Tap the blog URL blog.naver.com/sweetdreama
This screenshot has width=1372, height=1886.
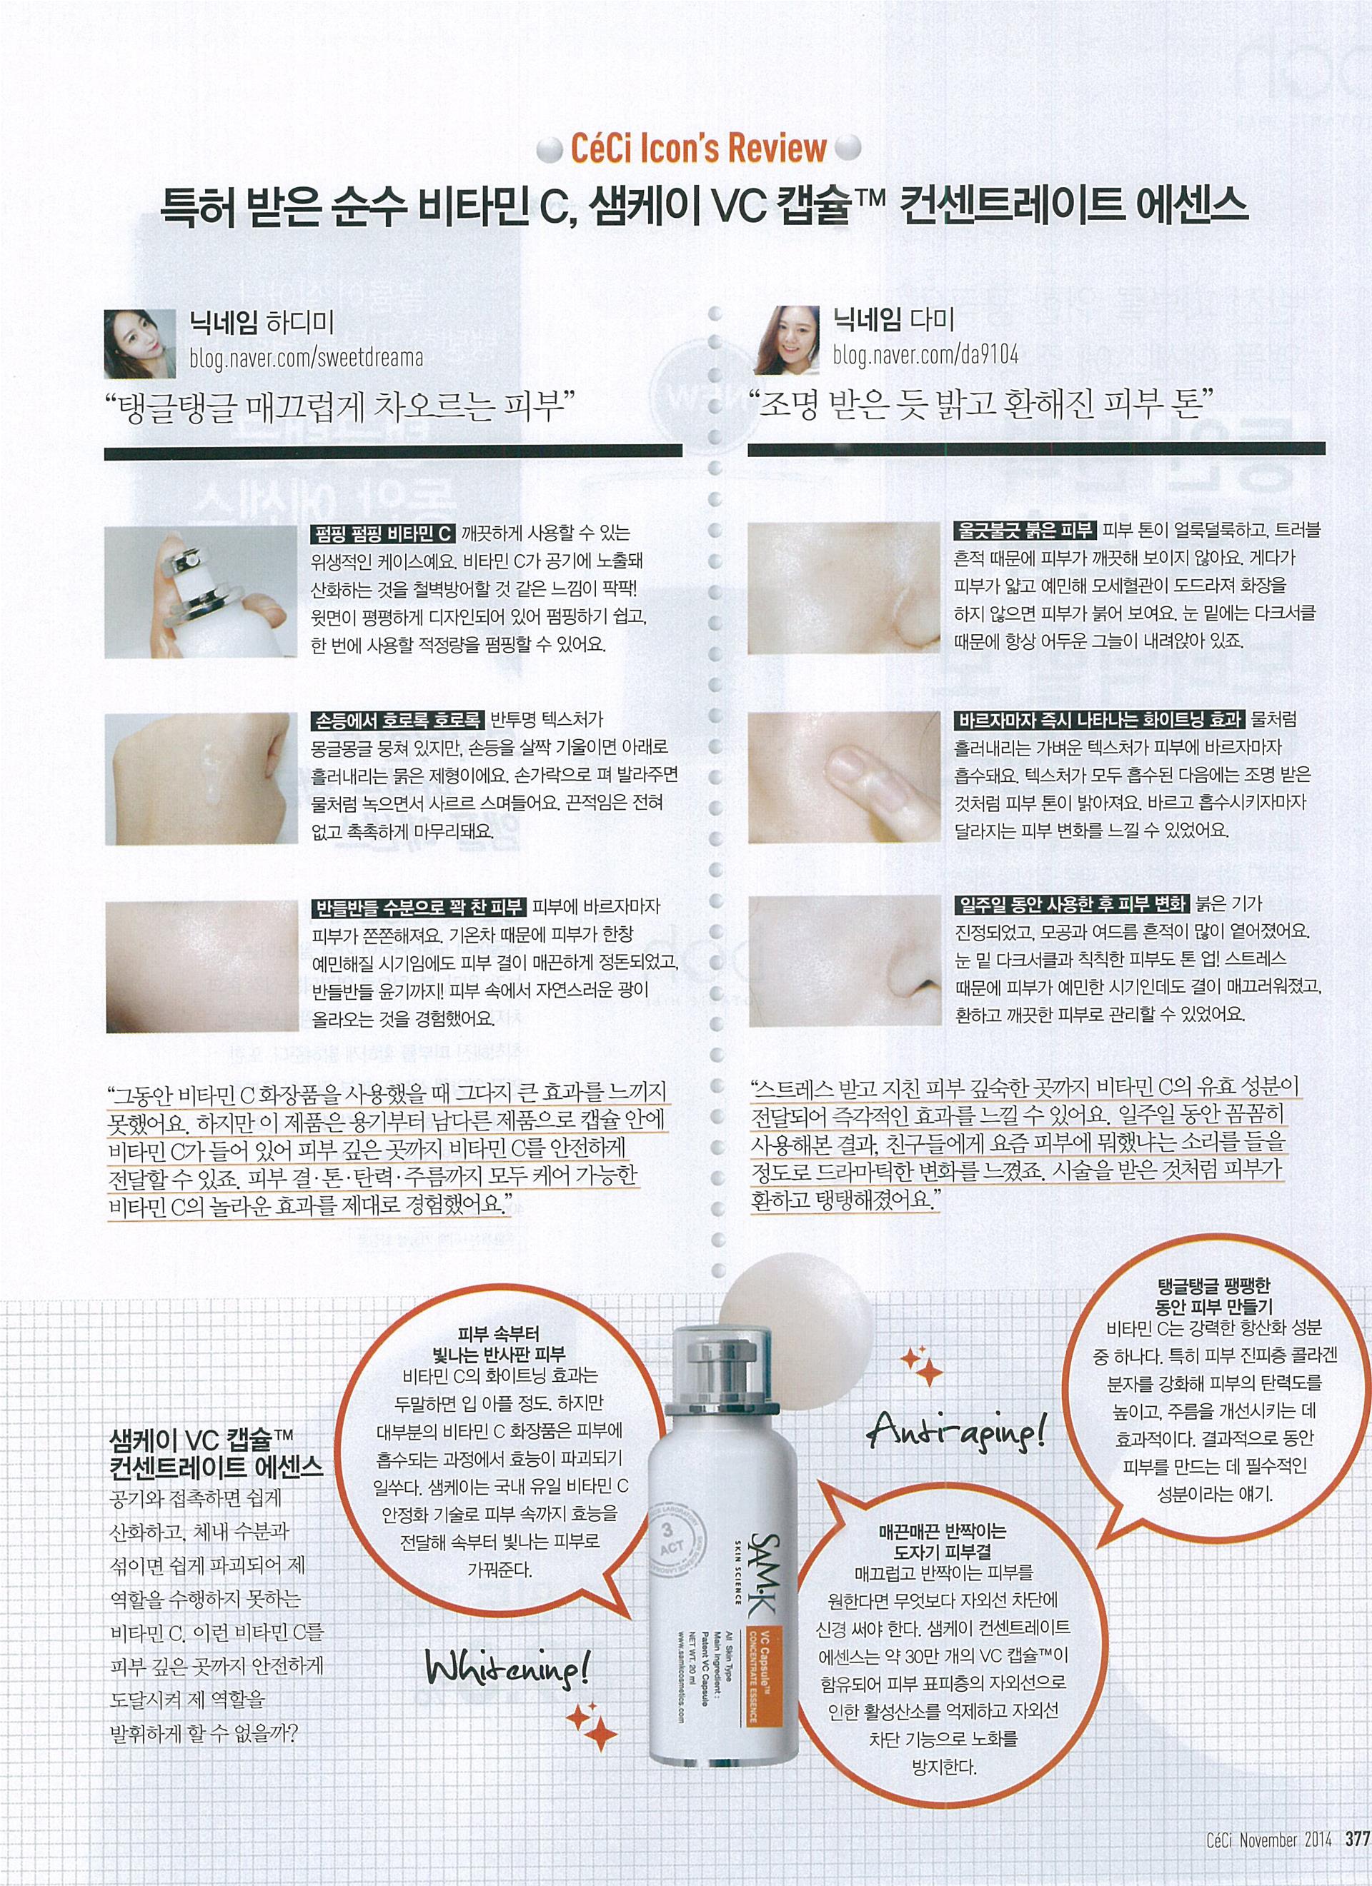point(306,358)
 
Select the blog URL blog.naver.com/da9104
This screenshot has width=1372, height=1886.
point(925,355)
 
